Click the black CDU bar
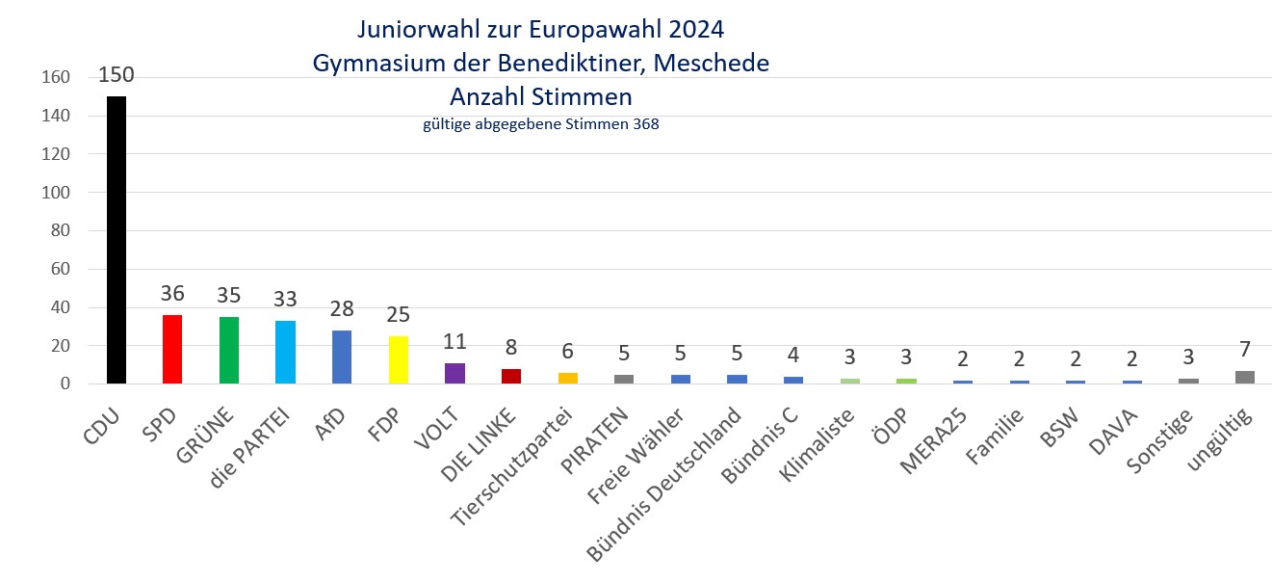[x=116, y=241]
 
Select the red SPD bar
[x=172, y=350]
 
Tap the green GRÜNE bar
[x=228, y=351]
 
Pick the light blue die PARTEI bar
[x=285, y=353]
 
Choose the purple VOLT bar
[x=454, y=374]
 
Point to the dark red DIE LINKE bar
[x=510, y=377]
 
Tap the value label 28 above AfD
[x=342, y=309]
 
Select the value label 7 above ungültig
[x=1244, y=349]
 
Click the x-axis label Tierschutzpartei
[x=513, y=466]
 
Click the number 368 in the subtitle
[x=644, y=124]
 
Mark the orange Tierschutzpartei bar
[x=567, y=379]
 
